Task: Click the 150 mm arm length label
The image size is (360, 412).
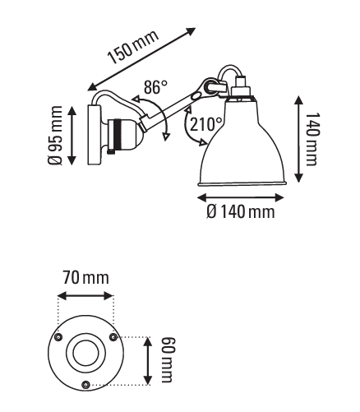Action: (x=133, y=47)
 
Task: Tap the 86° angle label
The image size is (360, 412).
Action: (x=155, y=87)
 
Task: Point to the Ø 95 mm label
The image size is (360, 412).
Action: (x=55, y=135)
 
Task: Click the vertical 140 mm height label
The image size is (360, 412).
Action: (x=312, y=139)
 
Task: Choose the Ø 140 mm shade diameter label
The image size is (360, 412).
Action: (x=241, y=212)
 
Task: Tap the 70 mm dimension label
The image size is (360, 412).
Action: (x=86, y=278)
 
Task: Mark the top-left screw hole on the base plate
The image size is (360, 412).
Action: (x=58, y=337)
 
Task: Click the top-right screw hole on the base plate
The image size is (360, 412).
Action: (x=113, y=337)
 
